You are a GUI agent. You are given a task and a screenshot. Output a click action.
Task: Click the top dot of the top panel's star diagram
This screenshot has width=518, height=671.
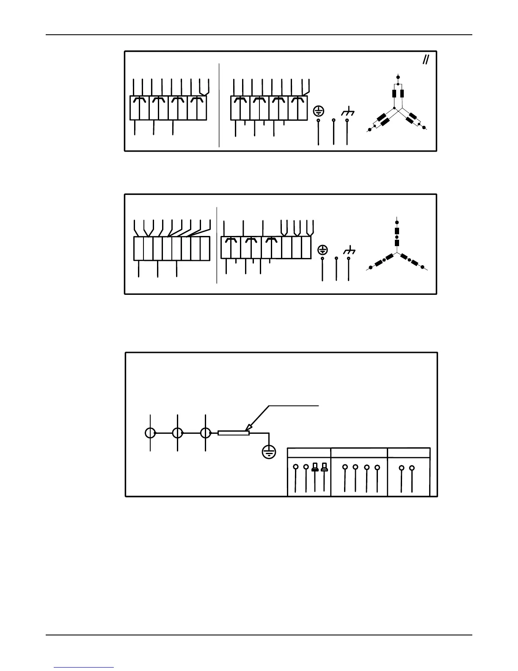(x=397, y=77)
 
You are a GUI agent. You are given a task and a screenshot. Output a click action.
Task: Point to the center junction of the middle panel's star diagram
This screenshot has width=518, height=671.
(x=397, y=252)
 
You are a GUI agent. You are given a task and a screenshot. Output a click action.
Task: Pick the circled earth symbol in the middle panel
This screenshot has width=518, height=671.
(x=323, y=250)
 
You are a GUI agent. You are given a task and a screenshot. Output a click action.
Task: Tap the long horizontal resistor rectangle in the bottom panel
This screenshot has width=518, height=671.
(x=234, y=433)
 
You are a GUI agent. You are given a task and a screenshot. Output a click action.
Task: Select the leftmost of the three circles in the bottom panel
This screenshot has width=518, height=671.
(x=150, y=433)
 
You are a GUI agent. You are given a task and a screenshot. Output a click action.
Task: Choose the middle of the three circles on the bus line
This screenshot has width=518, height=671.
(x=178, y=433)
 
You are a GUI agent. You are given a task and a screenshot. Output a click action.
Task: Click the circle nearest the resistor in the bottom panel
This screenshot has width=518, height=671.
(x=205, y=433)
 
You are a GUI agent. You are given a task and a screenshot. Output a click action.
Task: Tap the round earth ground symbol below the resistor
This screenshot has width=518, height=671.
(x=269, y=452)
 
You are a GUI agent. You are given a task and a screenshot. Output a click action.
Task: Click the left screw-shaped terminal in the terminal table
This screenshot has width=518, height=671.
(x=315, y=467)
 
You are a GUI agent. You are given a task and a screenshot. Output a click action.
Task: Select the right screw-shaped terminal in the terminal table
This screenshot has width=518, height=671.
(x=325, y=467)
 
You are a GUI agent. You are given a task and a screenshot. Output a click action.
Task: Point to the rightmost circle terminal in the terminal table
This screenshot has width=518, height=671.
(x=412, y=468)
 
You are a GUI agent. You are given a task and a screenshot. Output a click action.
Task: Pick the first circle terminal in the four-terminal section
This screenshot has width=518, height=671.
(x=345, y=467)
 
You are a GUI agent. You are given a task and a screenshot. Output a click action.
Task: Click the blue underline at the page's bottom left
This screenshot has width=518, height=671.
(x=84, y=668)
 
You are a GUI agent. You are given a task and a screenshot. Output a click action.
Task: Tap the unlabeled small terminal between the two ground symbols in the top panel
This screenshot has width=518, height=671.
(x=334, y=120)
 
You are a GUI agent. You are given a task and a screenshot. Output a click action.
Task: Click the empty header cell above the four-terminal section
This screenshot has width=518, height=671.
(x=359, y=452)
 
